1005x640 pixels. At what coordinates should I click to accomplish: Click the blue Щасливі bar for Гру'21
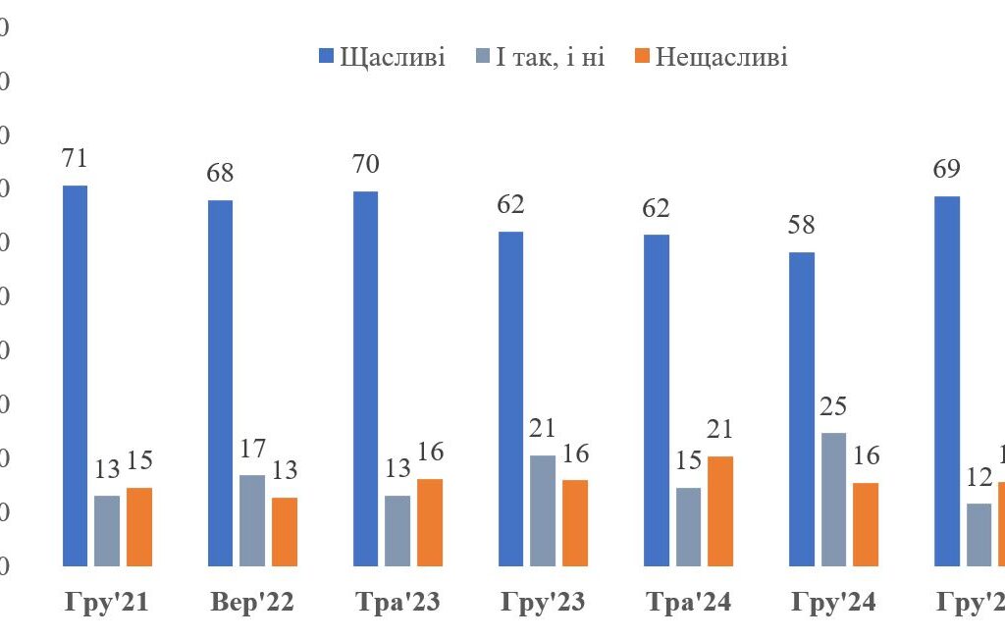click(75, 375)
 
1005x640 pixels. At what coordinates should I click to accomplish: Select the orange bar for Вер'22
click(285, 531)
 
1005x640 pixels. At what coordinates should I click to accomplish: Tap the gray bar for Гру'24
click(833, 499)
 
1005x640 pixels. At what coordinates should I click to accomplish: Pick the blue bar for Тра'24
click(657, 400)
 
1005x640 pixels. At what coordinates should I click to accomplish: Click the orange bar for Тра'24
click(720, 510)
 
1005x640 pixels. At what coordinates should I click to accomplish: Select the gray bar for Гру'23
click(543, 510)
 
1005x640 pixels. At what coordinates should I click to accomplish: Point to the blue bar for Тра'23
click(366, 378)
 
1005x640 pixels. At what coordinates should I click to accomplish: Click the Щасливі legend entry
click(383, 57)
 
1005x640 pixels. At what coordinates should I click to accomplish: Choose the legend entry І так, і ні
click(539, 57)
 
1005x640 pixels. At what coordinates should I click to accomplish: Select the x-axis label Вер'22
click(251, 603)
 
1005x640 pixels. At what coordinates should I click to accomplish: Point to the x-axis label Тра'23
click(397, 603)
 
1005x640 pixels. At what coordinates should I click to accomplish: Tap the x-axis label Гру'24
click(834, 603)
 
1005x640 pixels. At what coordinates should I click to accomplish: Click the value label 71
click(75, 158)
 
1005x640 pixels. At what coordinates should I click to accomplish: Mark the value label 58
click(802, 225)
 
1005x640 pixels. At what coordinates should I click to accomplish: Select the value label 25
click(833, 405)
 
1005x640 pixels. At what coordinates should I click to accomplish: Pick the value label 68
click(221, 173)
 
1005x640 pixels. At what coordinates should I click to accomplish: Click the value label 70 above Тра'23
click(366, 164)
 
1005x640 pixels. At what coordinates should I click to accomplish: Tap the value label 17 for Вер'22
click(252, 448)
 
